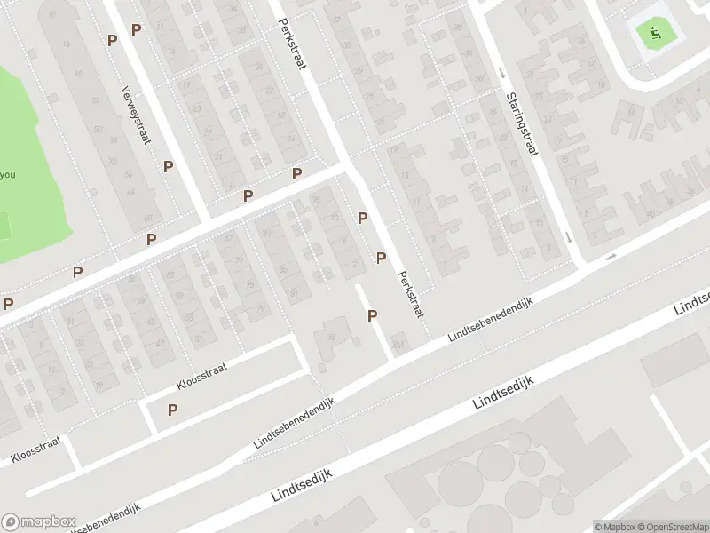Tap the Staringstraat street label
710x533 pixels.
[x=522, y=124]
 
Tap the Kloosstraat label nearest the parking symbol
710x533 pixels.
[x=202, y=378]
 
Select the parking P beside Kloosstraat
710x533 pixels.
[x=172, y=410]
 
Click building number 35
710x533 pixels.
[x=330, y=337]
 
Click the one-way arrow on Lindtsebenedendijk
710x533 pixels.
[x=611, y=258]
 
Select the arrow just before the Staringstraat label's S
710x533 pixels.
[x=503, y=73]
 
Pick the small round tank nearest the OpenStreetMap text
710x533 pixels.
[x=563, y=504]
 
